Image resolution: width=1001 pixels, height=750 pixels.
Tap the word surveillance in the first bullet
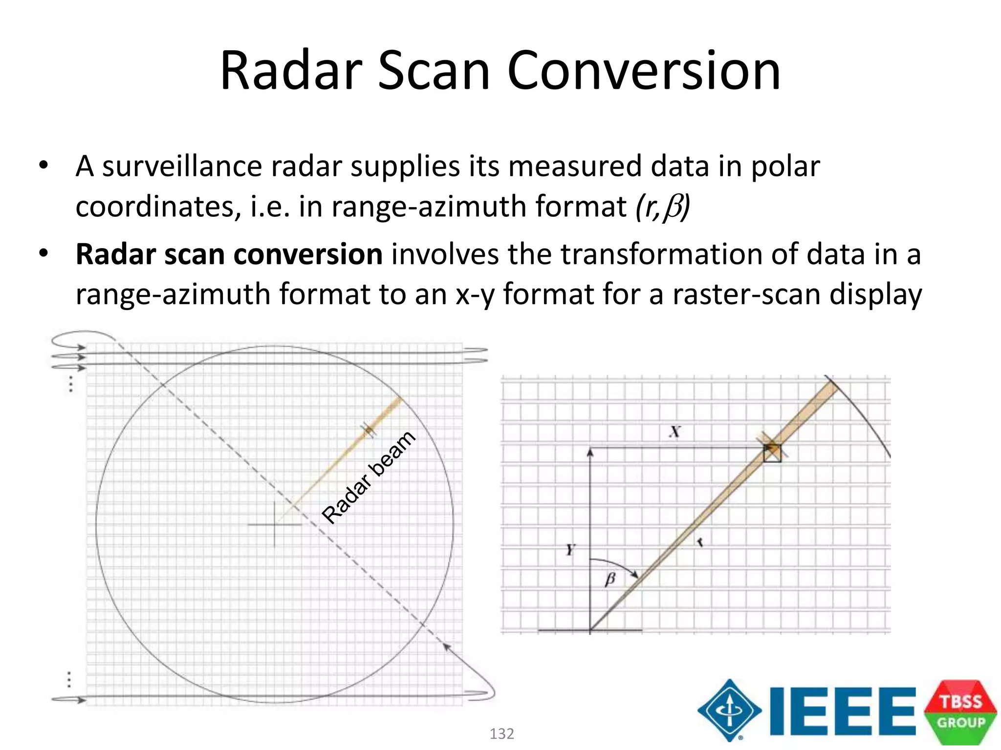(x=182, y=167)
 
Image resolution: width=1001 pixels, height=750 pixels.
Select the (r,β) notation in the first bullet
(x=662, y=207)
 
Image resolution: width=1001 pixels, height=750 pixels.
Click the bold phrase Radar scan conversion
(x=229, y=254)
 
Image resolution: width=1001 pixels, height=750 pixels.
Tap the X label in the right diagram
(x=675, y=432)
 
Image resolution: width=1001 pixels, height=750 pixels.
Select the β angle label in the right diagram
(x=610, y=580)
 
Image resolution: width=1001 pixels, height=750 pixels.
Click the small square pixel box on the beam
(x=772, y=453)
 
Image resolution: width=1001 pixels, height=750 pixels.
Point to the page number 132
(x=501, y=734)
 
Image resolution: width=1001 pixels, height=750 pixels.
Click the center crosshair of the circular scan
(x=274, y=525)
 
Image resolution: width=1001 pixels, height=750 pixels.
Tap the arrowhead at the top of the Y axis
(x=590, y=452)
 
